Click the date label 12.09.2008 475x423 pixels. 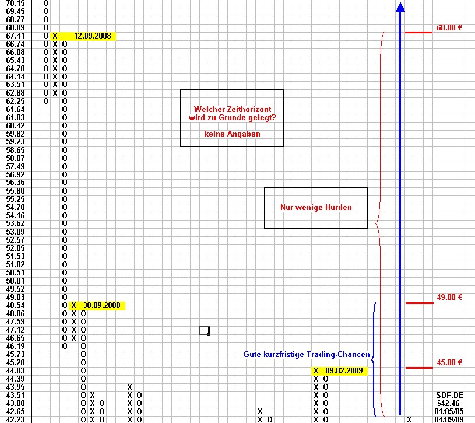93,36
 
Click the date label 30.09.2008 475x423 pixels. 101,305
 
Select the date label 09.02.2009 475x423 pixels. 344,370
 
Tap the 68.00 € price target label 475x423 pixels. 449,27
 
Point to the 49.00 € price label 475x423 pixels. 449,297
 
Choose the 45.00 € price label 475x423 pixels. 449,362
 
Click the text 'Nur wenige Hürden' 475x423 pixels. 316,207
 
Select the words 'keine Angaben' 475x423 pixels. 233,134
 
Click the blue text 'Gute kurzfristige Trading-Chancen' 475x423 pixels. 307,355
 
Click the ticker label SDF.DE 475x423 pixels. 449,395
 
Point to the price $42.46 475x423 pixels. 449,403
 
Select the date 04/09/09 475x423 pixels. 449,419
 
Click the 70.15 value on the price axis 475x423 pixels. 15,4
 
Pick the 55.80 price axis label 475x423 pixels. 15,191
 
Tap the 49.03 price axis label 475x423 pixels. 15,297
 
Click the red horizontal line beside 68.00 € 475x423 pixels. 418,32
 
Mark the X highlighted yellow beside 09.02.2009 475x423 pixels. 316,370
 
